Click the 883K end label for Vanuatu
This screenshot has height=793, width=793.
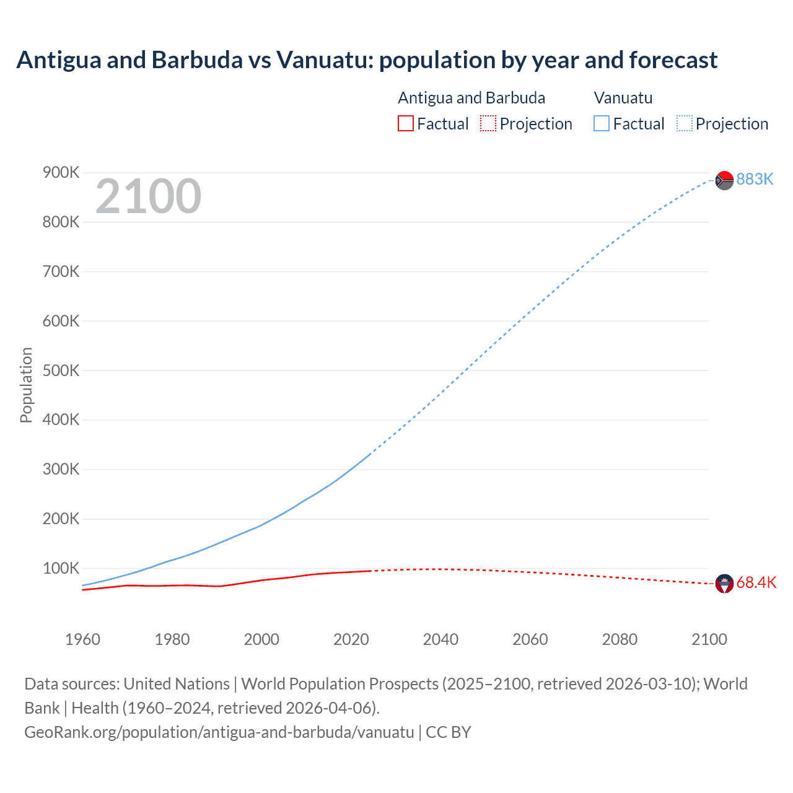coord(755,179)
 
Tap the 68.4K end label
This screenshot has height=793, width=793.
coord(756,583)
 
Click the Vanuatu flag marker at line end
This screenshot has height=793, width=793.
coord(724,180)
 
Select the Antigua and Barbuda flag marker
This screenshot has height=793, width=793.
coord(724,584)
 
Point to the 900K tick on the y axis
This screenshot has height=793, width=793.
coord(61,172)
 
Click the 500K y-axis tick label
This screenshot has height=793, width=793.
coord(61,370)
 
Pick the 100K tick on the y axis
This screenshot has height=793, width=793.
coord(61,568)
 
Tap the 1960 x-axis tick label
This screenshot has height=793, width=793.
coord(82,639)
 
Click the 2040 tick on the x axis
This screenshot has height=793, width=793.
coord(440,639)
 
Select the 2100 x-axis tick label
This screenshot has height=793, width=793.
coord(709,639)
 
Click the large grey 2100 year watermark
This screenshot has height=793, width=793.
coord(148,196)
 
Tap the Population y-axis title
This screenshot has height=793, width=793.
coord(26,385)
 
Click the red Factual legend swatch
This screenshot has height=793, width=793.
coord(405,123)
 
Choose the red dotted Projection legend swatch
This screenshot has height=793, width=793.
coord(488,123)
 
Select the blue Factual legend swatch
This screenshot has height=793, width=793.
coord(602,123)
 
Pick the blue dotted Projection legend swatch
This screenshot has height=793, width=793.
coord(685,123)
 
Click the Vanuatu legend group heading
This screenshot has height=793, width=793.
coord(623,98)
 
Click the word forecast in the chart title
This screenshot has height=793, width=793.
coord(673,60)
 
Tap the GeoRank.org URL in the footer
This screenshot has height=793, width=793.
coord(219,732)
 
